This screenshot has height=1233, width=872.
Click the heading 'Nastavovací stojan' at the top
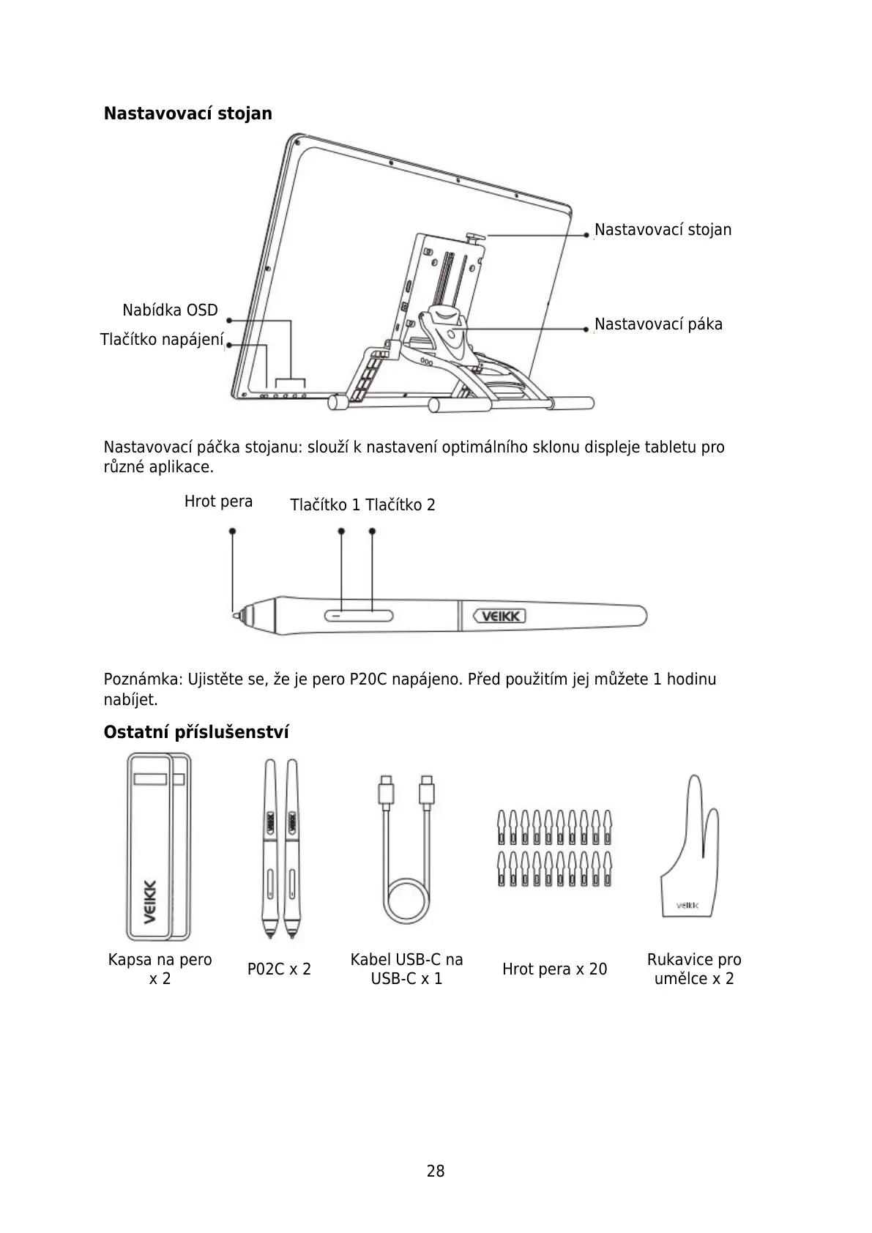[187, 113]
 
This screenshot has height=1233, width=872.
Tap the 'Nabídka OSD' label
[170, 310]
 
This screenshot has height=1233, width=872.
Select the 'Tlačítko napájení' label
[161, 340]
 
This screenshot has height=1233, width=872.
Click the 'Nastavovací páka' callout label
[658, 324]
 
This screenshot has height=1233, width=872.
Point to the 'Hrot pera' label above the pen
[218, 502]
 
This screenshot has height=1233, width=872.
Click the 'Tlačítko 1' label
[325, 505]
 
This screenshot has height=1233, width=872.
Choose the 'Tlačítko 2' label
[400, 505]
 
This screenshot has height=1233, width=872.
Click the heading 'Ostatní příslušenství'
[196, 732]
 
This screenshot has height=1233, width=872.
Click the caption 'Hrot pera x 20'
[554, 969]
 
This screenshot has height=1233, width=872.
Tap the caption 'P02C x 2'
[279, 969]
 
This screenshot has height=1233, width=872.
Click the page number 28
[436, 1171]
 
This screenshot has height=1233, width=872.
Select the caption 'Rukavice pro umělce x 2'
[694, 969]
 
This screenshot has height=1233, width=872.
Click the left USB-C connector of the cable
[385, 791]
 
